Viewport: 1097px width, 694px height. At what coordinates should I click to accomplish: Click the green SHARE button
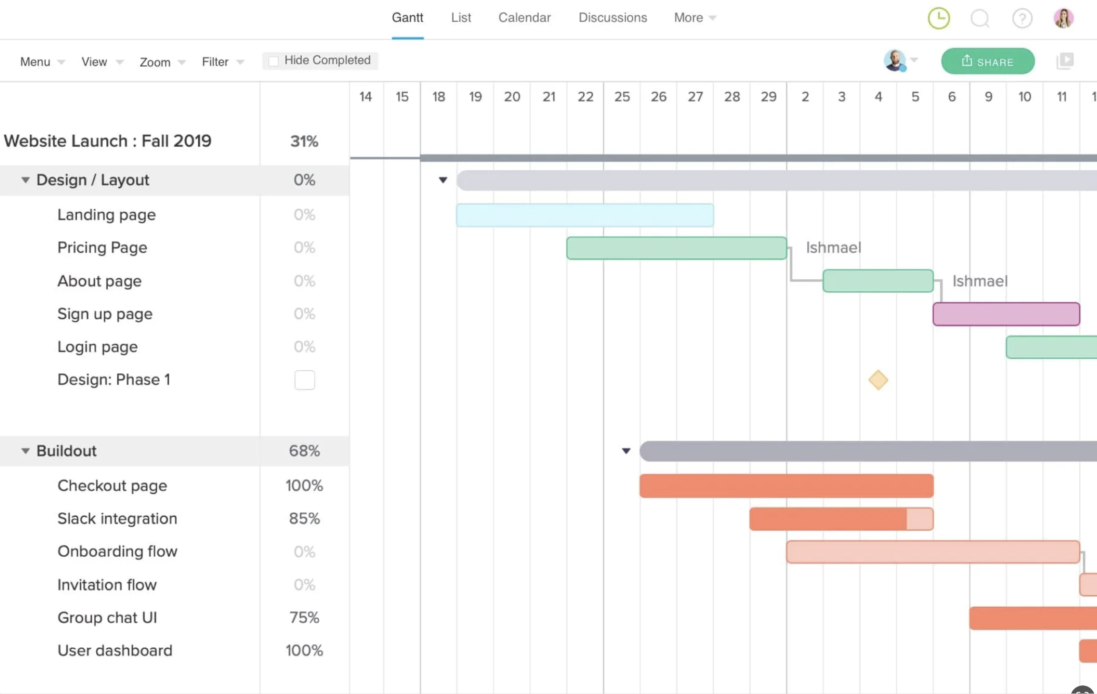[x=987, y=61]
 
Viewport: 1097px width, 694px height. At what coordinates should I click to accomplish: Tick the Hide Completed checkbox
[x=274, y=61]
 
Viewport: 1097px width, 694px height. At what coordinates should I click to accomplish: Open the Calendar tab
[x=524, y=18]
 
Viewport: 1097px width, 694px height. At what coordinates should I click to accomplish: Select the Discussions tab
[x=613, y=18]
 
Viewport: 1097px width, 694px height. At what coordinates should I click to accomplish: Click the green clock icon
[x=939, y=19]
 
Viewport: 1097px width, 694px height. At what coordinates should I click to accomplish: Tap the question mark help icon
[x=1022, y=19]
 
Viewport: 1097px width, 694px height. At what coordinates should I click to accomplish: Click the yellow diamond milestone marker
[x=878, y=380]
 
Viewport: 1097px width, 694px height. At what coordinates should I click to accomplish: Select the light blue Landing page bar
[x=585, y=215]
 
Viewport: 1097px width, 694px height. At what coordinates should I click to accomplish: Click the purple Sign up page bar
[x=1006, y=314]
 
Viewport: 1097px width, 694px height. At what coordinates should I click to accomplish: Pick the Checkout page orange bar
[x=786, y=486]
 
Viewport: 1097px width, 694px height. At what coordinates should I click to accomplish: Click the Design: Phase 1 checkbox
[x=305, y=380]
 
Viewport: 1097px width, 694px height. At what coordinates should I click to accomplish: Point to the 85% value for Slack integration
[x=304, y=519]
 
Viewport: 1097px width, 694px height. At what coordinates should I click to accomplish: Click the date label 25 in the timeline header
[x=622, y=97]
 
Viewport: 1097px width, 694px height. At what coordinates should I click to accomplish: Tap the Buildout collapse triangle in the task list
[x=25, y=451]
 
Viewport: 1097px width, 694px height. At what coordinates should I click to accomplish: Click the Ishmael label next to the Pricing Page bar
[x=833, y=248]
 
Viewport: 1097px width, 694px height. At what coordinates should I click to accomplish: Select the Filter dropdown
[x=223, y=62]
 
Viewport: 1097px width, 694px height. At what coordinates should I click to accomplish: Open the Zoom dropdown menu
[x=162, y=62]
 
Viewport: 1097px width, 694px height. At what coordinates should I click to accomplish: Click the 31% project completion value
[x=304, y=141]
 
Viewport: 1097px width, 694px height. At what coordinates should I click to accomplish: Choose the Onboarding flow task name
[x=117, y=551]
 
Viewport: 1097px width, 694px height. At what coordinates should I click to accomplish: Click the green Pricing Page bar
[x=676, y=248]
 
